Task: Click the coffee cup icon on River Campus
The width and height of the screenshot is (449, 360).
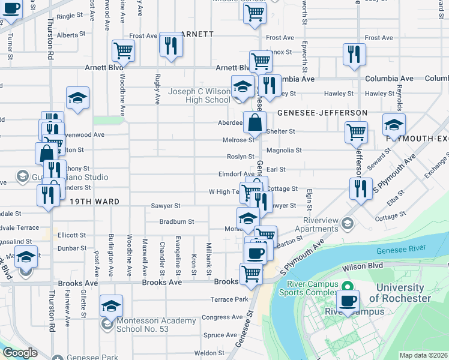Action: coord(348,300)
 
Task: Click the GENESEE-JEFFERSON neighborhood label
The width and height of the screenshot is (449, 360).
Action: coord(322,113)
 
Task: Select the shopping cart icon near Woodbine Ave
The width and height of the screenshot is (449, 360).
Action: coord(124,50)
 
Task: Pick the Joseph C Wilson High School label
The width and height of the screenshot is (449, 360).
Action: coord(199,95)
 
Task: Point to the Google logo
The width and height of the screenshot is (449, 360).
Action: coord(20,353)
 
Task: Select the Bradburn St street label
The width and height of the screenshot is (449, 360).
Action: coord(176,221)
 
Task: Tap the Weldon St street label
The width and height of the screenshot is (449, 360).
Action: coord(209,353)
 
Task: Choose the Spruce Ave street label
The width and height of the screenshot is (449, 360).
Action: coord(220,335)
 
